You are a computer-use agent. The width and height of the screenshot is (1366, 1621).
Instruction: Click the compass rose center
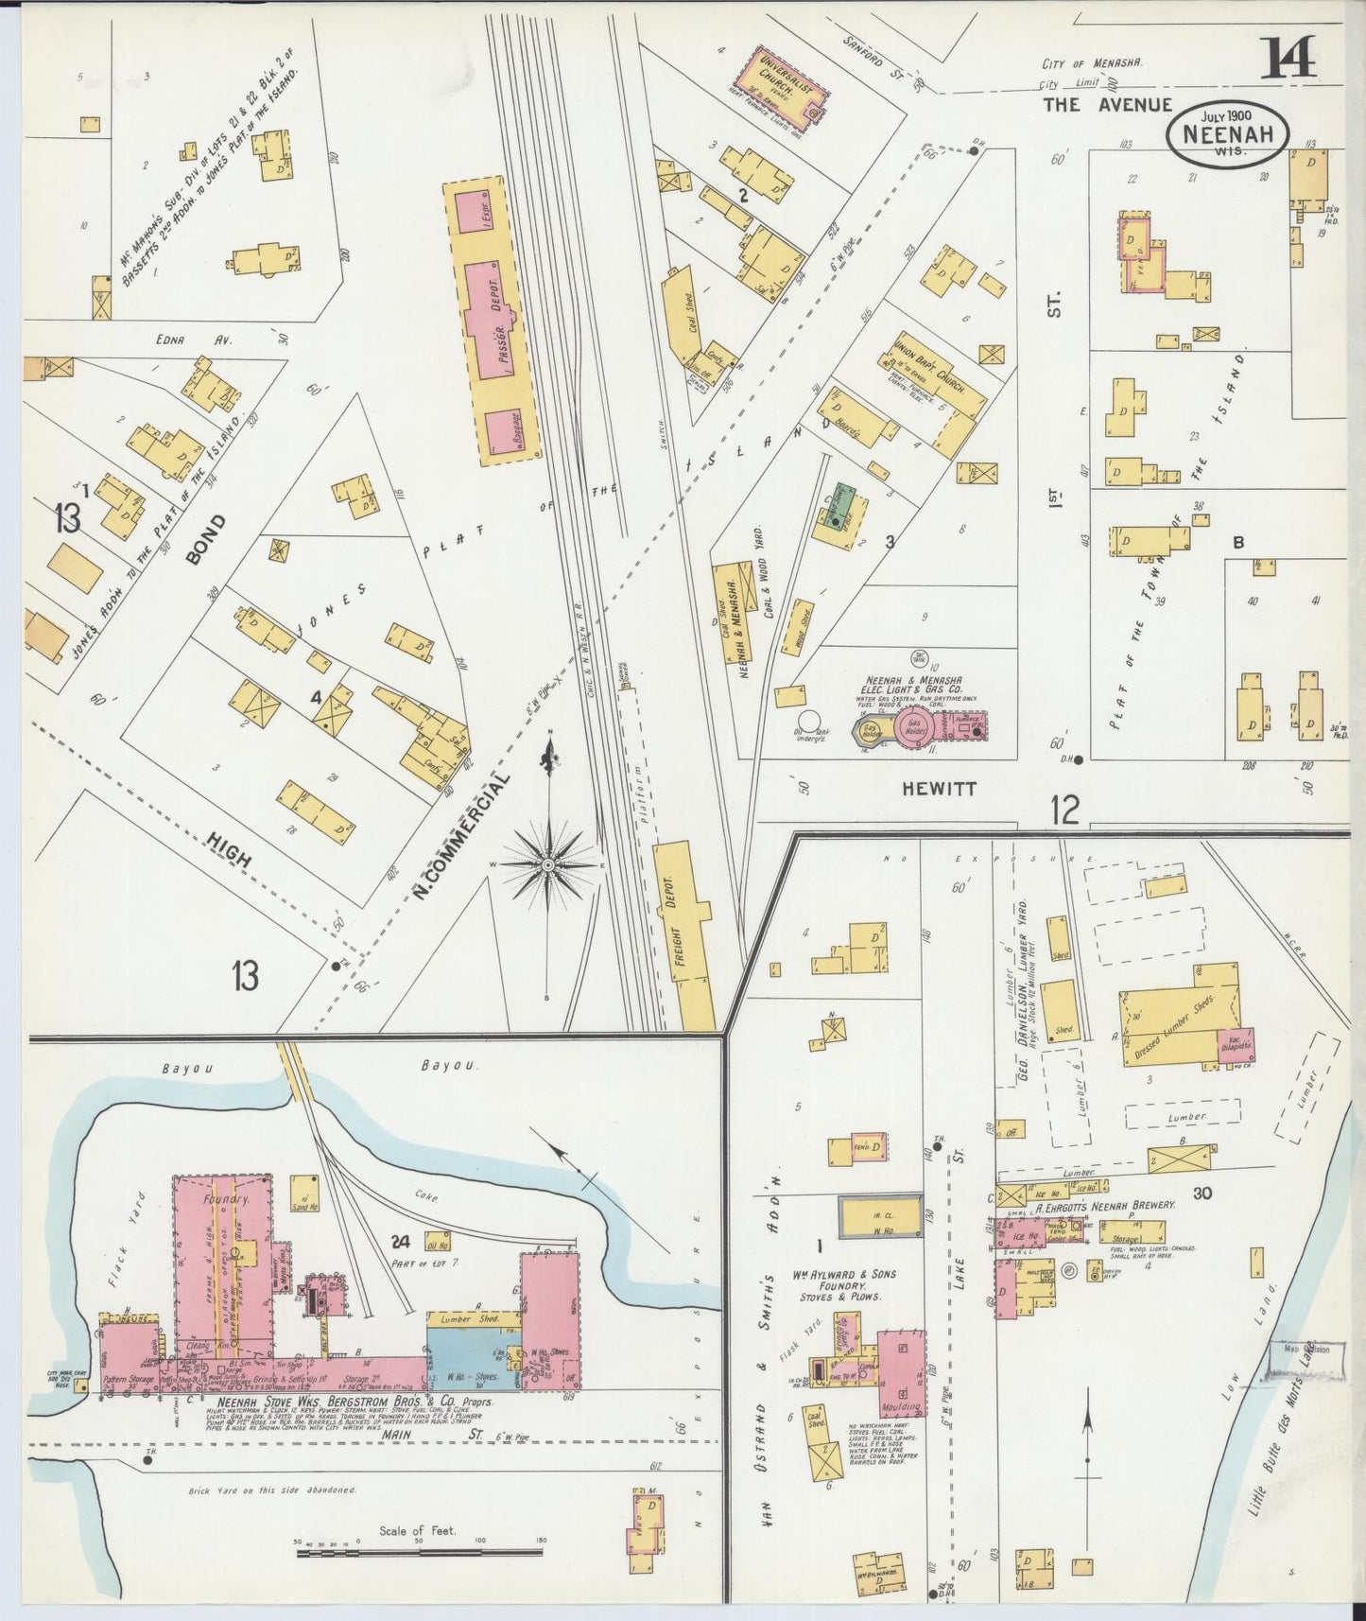pyautogui.click(x=547, y=864)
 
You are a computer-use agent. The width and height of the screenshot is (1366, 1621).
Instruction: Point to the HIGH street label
pyautogui.click(x=229, y=849)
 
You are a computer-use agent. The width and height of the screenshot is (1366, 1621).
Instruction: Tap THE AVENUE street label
pyautogui.click(x=1107, y=106)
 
